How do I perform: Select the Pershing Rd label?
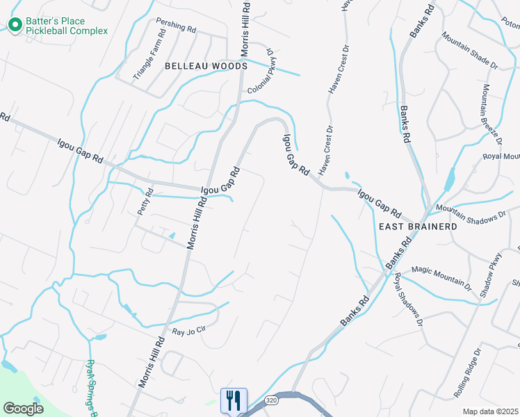(177, 28)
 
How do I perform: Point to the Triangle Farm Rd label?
(149, 54)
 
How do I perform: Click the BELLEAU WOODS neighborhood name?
(206, 66)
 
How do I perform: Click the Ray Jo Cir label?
(190, 329)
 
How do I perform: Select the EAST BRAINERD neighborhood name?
(417, 227)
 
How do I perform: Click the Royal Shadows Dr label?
(409, 300)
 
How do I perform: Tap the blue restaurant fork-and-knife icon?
(233, 400)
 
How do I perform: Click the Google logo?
(23, 408)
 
